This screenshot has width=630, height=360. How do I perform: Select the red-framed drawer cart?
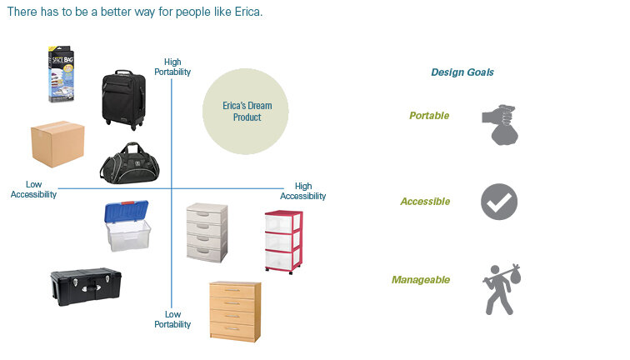283,241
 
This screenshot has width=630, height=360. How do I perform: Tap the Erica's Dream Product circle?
247,112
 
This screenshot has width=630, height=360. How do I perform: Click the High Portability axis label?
172,67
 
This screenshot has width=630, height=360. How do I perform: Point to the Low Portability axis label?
172,319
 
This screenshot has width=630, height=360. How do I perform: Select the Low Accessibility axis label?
33,189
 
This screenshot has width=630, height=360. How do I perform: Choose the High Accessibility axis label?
302,191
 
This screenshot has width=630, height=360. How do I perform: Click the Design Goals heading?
462,72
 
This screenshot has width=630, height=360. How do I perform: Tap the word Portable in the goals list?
429,116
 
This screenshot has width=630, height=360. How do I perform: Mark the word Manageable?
421,280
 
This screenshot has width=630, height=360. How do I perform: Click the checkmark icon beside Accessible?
499,202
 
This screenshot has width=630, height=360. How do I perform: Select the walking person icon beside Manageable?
501,288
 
